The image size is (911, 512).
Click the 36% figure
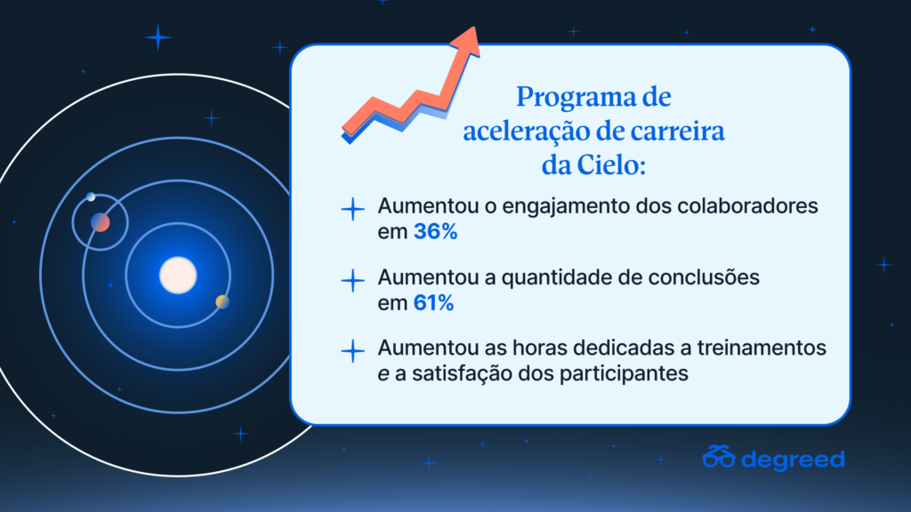[435, 232]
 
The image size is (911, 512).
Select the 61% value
[433, 303]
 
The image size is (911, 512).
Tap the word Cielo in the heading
[611, 164]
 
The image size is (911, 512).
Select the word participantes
[624, 374]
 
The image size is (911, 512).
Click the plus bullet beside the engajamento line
[352, 209]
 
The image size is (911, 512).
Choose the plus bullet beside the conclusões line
[352, 280]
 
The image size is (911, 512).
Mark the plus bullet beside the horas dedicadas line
[352, 351]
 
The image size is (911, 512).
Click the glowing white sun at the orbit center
[178, 276]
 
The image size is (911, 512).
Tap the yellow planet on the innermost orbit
[222, 302]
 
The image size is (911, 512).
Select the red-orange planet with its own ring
[100, 222]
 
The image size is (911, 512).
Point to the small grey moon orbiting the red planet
[92, 196]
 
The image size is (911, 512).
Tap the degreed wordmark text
[793, 459]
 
